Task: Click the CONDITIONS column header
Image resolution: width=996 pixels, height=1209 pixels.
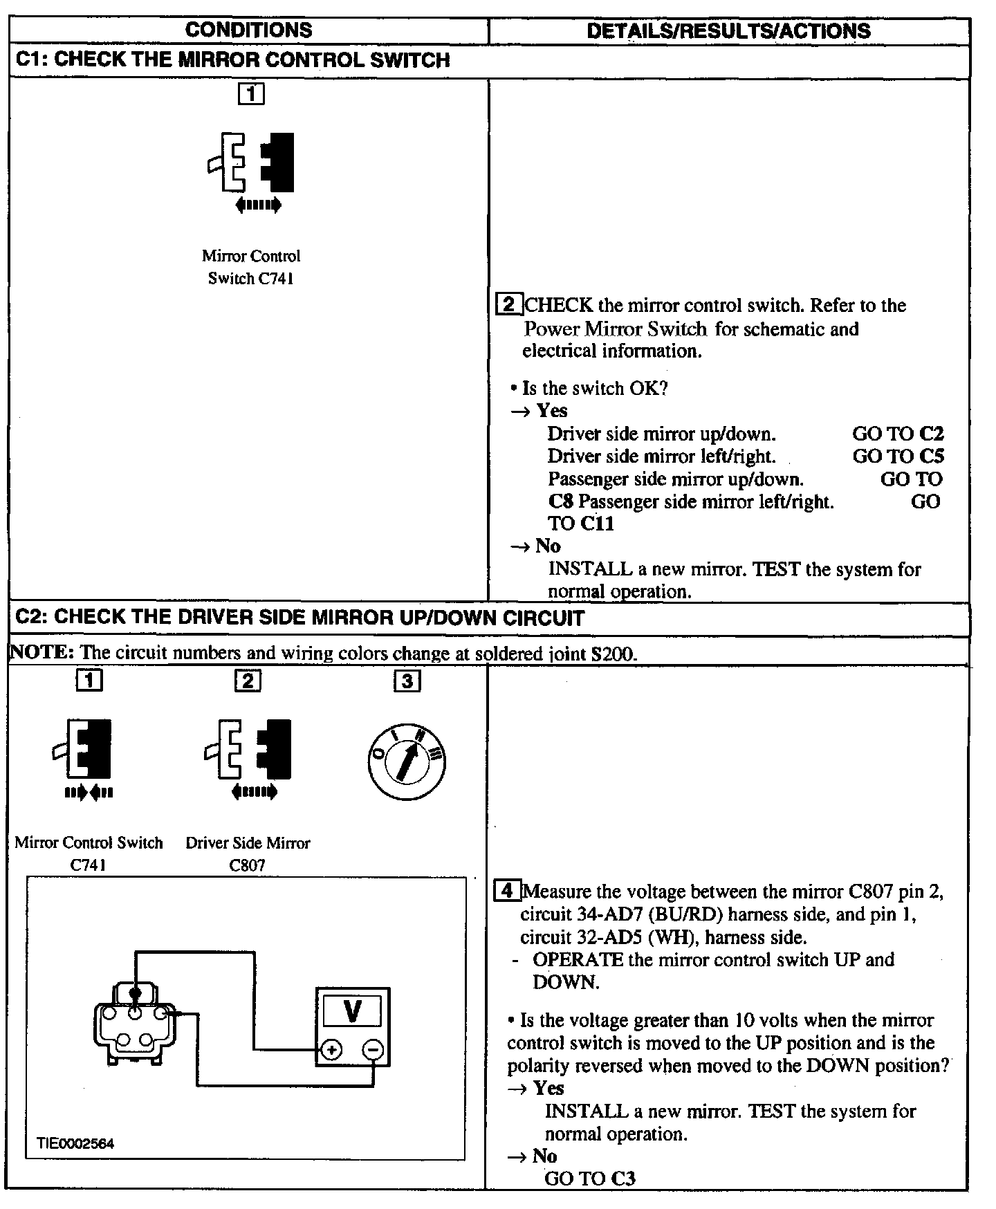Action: click(248, 30)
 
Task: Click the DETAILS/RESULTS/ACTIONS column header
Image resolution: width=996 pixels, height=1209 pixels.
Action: click(728, 31)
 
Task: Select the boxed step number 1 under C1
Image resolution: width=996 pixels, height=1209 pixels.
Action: click(251, 93)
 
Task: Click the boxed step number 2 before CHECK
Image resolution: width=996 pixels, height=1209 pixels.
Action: click(508, 305)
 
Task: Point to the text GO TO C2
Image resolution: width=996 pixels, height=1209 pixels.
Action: click(897, 434)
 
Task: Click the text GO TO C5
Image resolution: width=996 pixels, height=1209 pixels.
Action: click(897, 456)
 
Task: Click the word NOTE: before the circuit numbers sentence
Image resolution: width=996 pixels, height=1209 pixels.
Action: click(41, 652)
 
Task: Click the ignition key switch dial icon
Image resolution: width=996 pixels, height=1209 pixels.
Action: click(407, 762)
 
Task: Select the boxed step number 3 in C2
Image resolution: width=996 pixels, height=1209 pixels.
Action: click(407, 681)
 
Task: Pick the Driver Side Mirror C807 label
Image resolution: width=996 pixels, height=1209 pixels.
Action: click(248, 853)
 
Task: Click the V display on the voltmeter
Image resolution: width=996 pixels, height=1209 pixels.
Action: click(352, 1011)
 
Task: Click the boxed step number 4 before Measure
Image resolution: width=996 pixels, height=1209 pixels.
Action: click(507, 891)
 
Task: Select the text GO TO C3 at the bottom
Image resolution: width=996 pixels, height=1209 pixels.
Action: click(589, 1179)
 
